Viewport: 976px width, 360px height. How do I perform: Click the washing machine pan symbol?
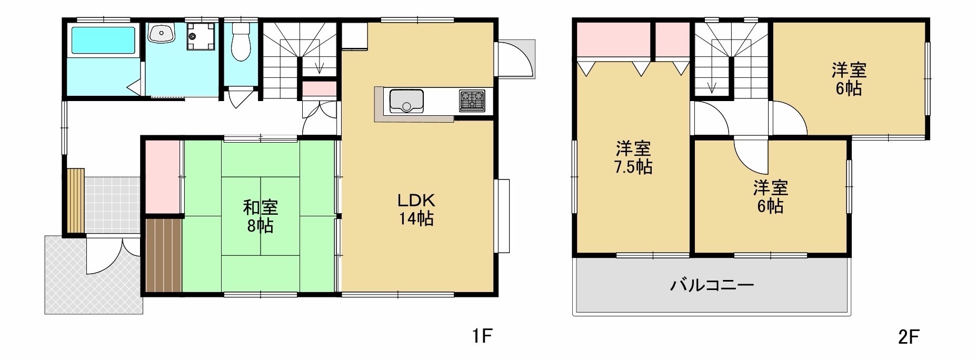(201, 36)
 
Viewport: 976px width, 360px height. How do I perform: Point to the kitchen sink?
(406, 101)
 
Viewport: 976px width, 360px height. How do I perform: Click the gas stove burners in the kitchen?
(472, 101)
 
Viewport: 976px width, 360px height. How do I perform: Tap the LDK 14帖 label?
(415, 209)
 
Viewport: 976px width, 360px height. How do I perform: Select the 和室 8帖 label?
(260, 216)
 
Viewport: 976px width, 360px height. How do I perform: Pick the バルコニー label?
(712, 286)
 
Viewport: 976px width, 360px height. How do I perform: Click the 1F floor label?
(481, 336)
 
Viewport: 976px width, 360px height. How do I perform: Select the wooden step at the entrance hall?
(76, 201)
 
